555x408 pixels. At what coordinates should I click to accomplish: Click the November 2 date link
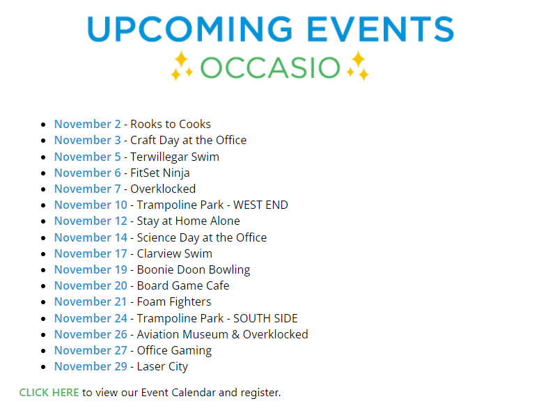(88, 124)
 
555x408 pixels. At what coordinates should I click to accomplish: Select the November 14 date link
(91, 237)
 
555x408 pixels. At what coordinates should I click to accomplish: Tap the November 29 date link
(91, 366)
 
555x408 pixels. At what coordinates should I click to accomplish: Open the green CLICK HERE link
(49, 393)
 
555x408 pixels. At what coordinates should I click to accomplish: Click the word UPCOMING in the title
(189, 29)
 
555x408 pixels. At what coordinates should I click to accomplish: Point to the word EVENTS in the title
(380, 29)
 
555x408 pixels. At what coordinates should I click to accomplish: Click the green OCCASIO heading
(270, 68)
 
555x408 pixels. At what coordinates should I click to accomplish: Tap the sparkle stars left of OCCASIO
(182, 65)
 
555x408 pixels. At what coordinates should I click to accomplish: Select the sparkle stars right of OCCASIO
(358, 65)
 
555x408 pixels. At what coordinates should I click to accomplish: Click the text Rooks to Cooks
(171, 124)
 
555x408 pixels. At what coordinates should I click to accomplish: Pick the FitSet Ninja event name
(160, 173)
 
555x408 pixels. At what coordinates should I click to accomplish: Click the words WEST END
(260, 205)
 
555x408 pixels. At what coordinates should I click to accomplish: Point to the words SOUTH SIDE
(265, 318)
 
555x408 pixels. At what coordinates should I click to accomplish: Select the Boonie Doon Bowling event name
(194, 270)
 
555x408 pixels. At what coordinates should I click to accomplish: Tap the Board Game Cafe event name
(183, 285)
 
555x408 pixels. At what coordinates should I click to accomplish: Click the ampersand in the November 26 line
(235, 334)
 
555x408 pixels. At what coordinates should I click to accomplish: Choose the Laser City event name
(162, 367)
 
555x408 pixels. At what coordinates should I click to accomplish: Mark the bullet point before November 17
(43, 254)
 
